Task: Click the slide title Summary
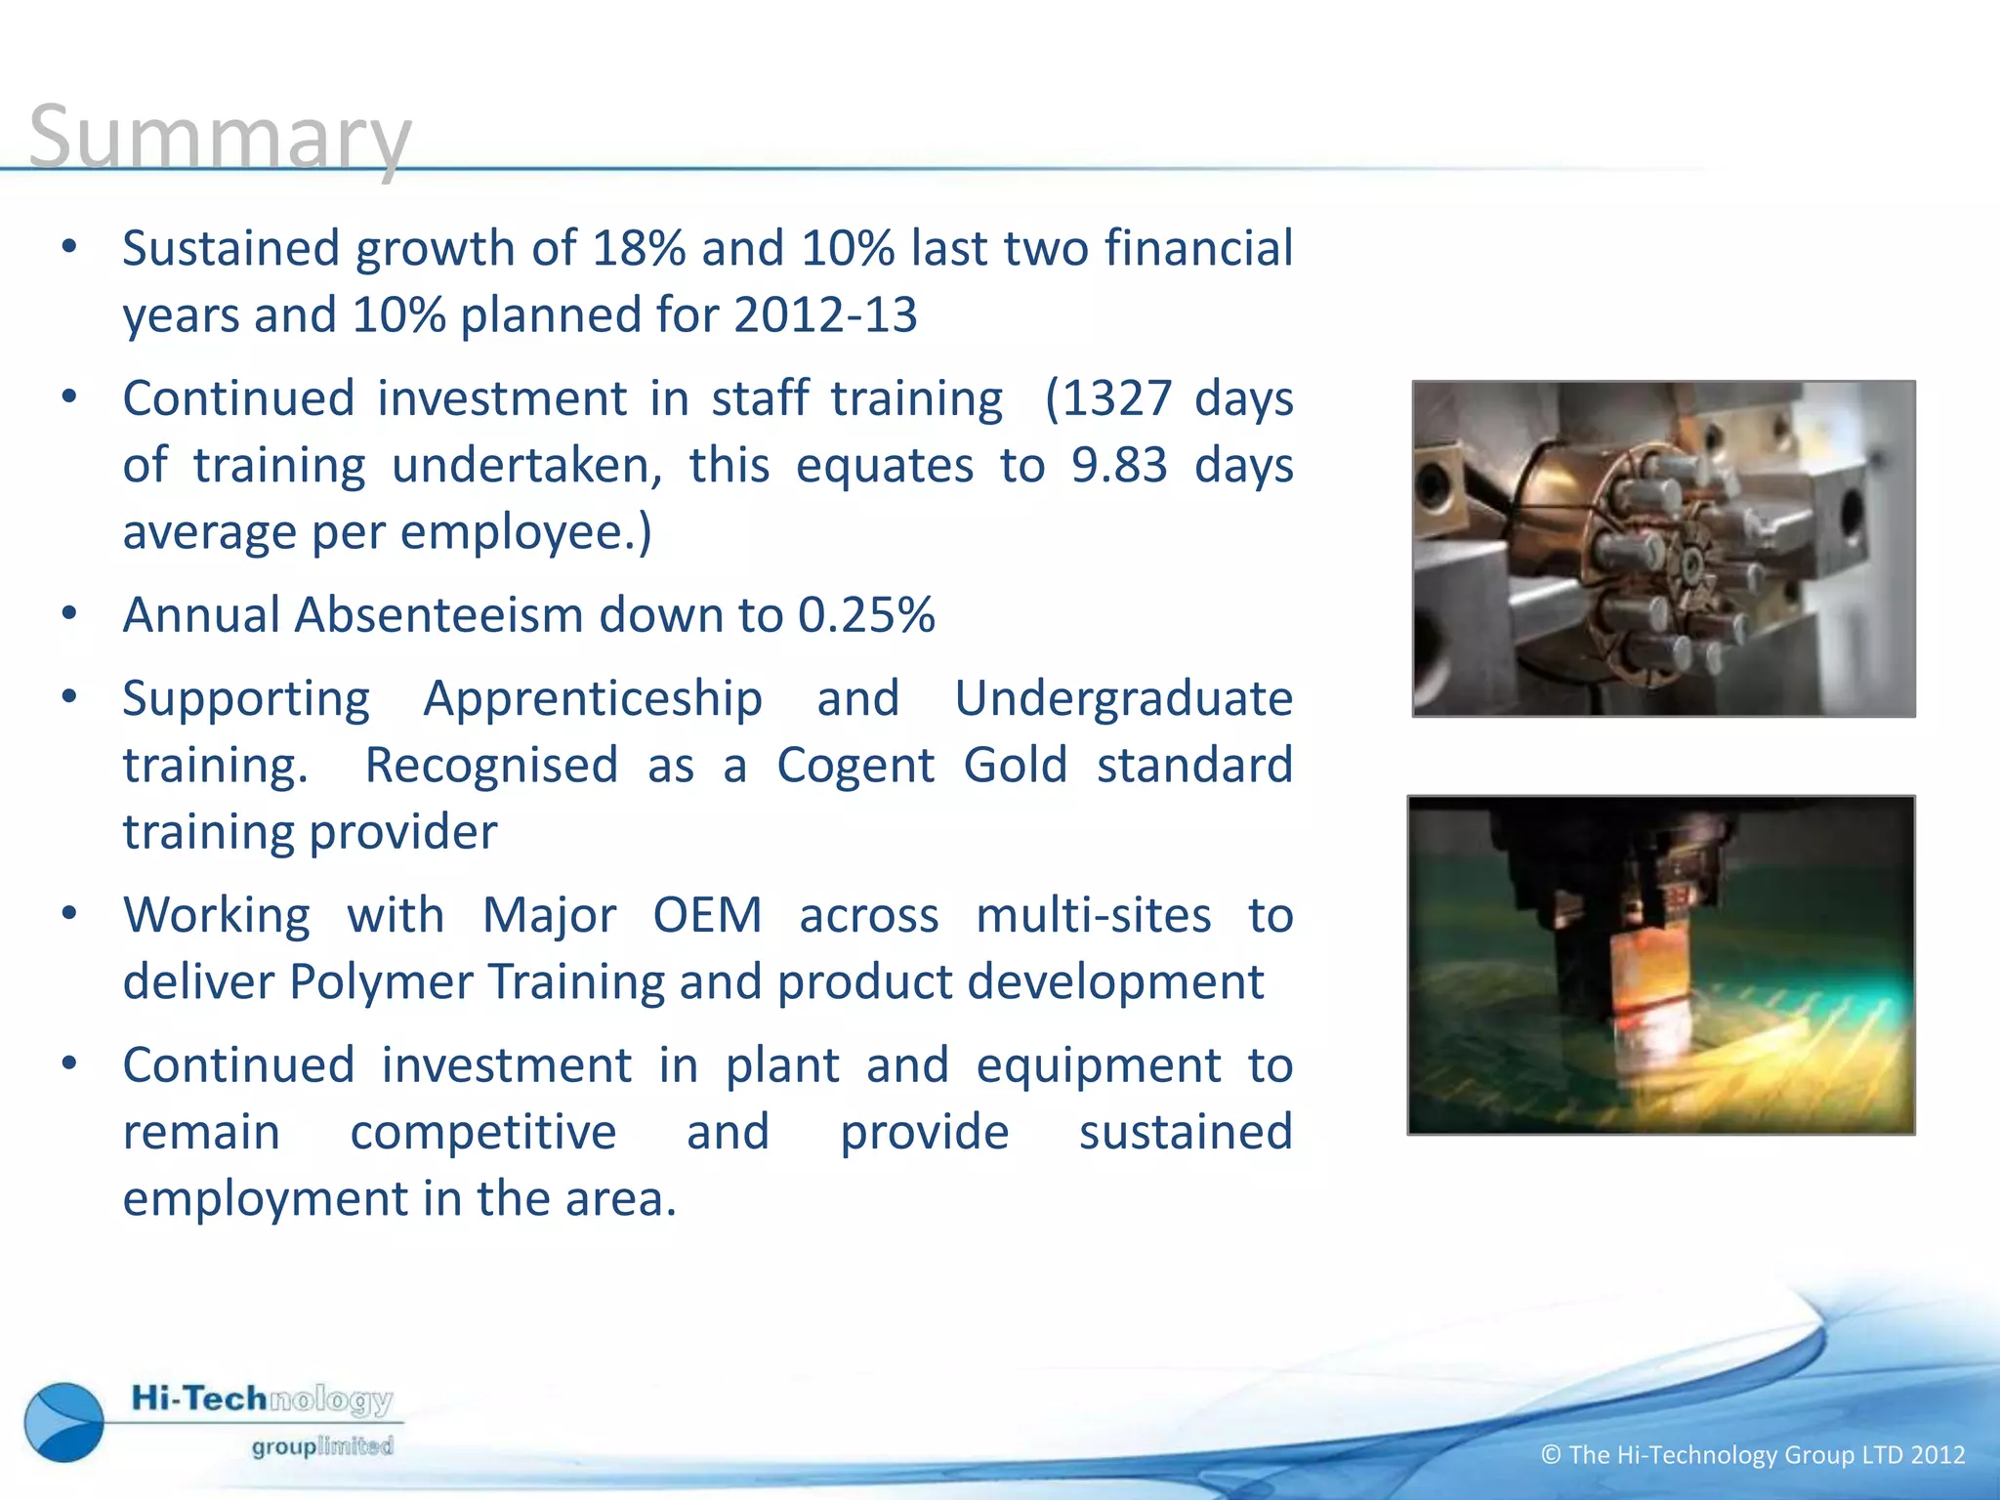pos(220,137)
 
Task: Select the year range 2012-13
pos(825,315)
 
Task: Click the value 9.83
pos(1119,465)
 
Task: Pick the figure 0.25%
pos(866,615)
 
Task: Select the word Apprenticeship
pos(593,699)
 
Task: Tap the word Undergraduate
pos(1123,699)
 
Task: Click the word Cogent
pos(855,765)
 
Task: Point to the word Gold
pos(1016,765)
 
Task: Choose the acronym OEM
pos(707,916)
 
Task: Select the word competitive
pos(483,1133)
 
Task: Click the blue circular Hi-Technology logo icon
pos(64,1422)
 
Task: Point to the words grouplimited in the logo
pos(322,1446)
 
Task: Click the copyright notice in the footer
pos(1753,1455)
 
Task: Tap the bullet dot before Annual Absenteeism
pos(68,615)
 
